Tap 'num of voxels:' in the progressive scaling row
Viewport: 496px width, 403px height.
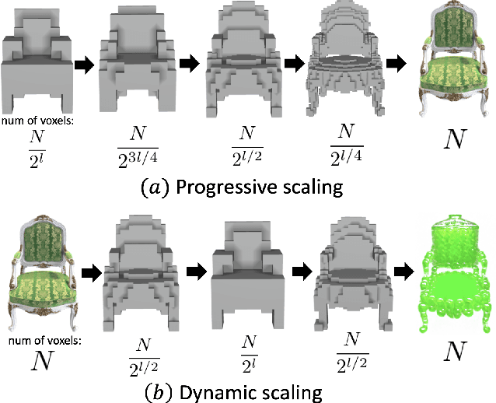click(x=34, y=120)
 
